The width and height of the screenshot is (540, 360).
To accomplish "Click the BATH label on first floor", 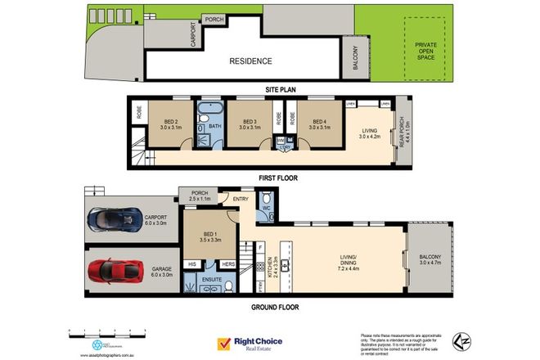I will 214,126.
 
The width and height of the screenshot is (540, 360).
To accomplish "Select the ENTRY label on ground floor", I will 241,199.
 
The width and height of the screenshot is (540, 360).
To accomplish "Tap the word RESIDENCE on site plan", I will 250,61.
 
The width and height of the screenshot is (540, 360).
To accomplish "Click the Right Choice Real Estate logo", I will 249,344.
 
